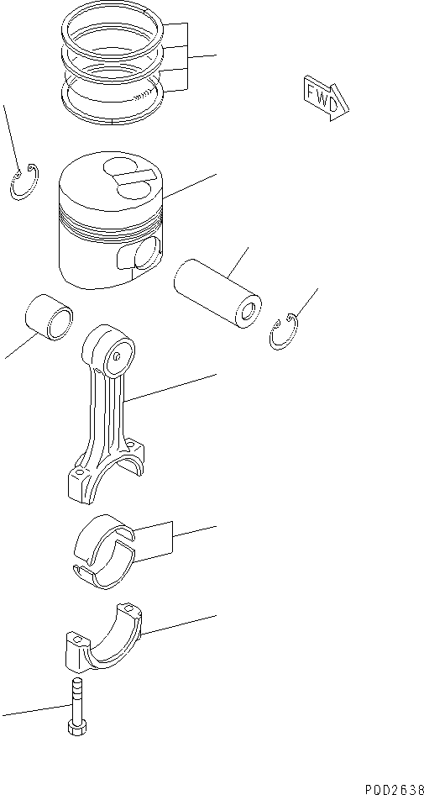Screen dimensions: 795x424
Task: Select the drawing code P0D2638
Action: click(x=393, y=787)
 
